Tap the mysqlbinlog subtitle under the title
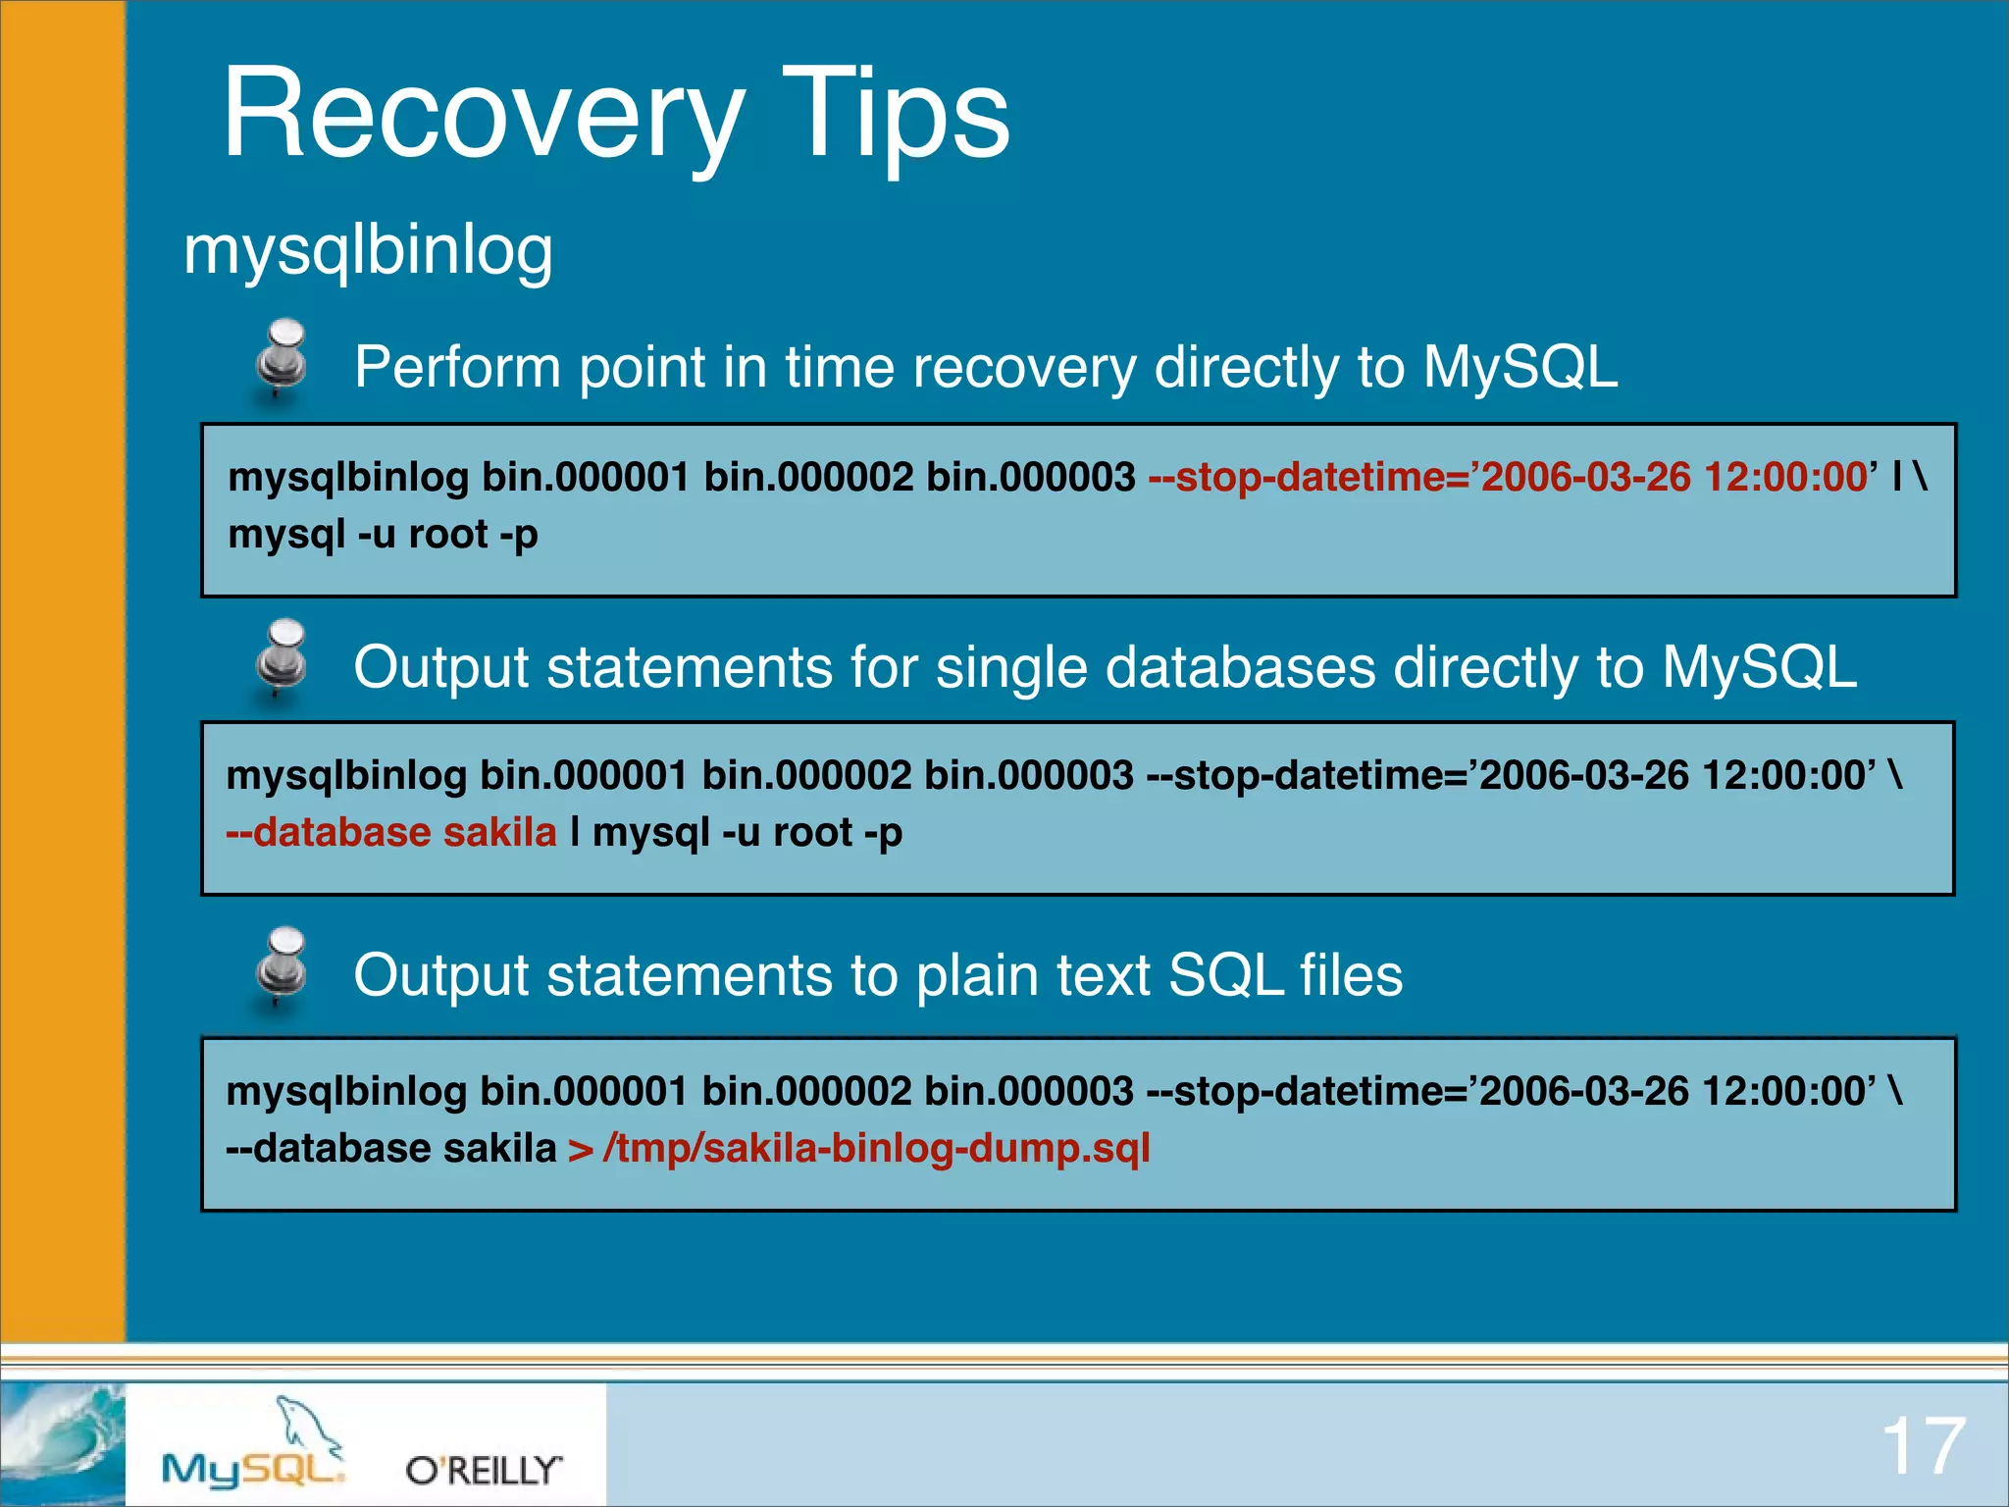point(368,250)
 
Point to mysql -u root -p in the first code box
point(383,535)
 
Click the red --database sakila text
point(390,833)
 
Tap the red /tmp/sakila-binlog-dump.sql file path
point(876,1148)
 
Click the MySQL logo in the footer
point(252,1467)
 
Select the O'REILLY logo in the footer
point(483,1470)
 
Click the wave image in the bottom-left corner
point(62,1442)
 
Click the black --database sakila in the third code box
point(390,1148)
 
